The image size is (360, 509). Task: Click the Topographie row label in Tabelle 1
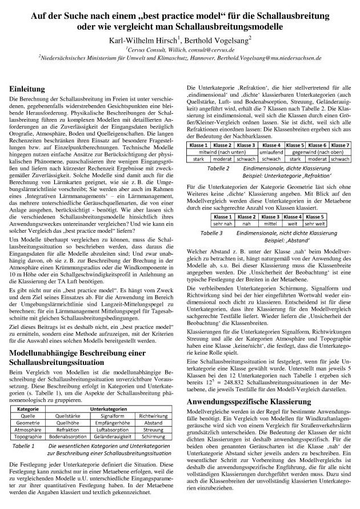(x=27, y=421)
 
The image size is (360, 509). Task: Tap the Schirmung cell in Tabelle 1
(x=153, y=421)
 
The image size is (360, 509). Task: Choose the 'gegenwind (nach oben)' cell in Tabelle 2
(x=317, y=153)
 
